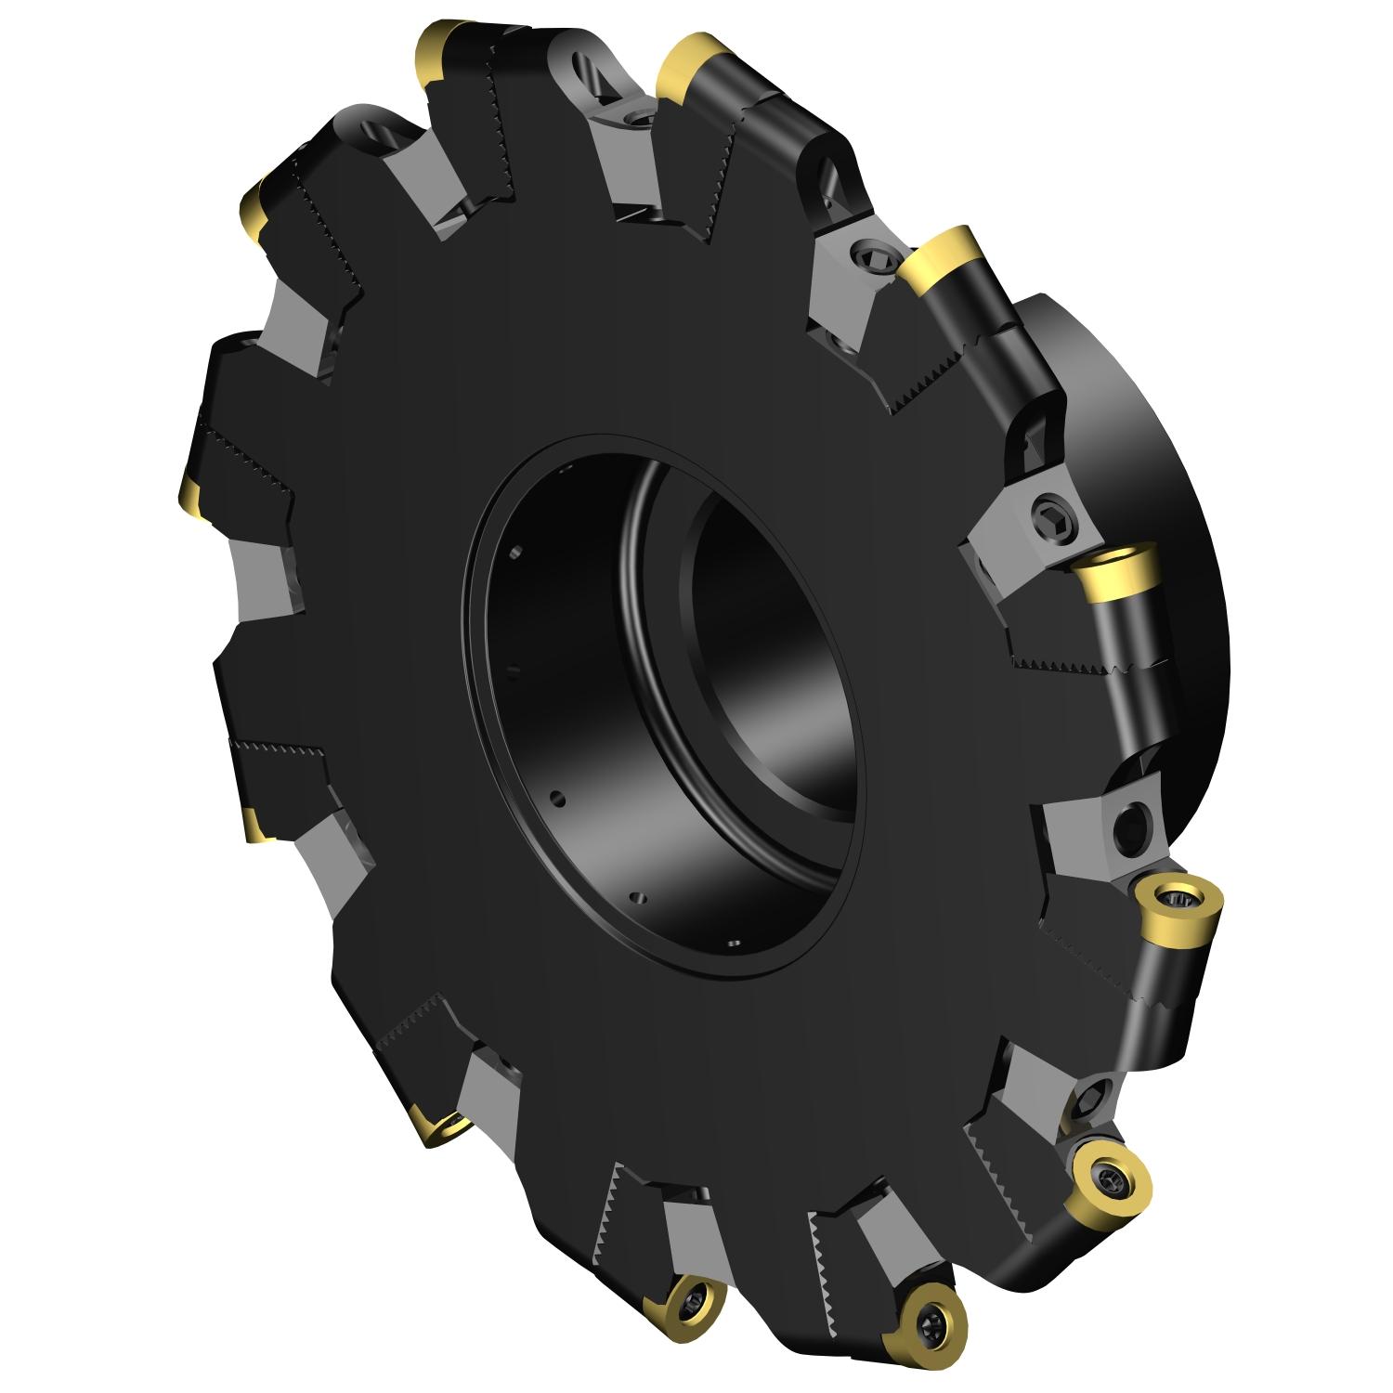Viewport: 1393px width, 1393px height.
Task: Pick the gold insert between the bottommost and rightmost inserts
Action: [1111, 1178]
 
